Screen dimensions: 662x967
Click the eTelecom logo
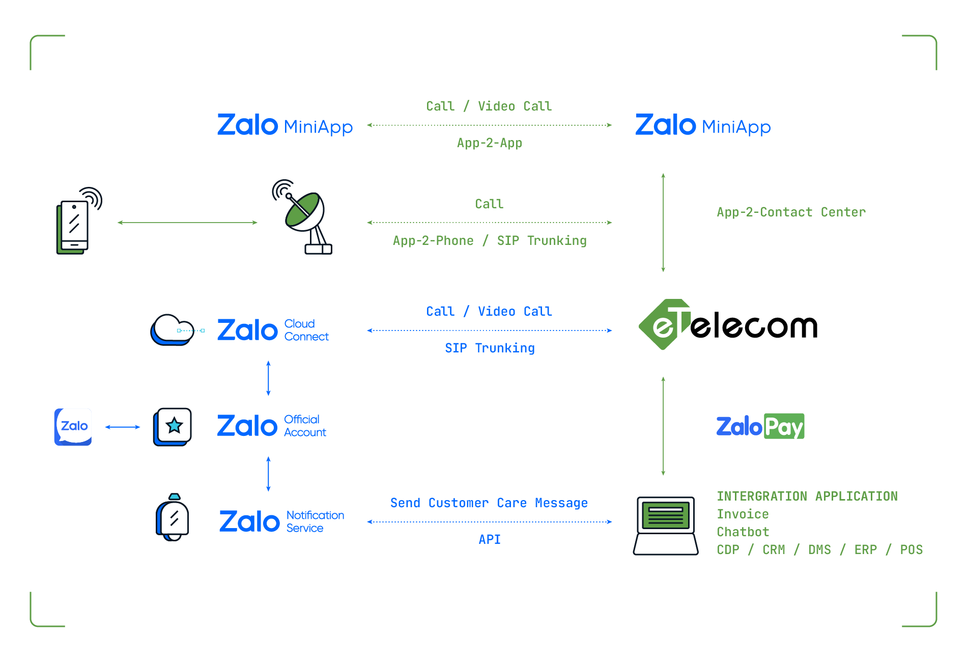point(728,325)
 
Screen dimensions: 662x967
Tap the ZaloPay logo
point(760,426)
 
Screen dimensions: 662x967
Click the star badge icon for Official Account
point(173,426)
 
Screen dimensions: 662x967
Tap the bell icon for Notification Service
point(173,518)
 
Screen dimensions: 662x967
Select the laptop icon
point(665,526)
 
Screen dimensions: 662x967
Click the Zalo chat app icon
point(73,427)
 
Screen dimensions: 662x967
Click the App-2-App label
point(489,143)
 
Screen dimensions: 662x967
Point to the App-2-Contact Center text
point(791,212)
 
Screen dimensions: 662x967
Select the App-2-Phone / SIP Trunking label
point(489,241)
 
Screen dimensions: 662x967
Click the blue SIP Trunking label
point(489,348)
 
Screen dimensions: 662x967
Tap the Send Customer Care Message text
point(489,503)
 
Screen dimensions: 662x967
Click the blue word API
point(489,540)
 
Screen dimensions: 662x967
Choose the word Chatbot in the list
point(743,532)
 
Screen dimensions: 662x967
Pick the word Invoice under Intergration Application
point(743,514)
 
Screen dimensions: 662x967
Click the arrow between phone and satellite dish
point(187,223)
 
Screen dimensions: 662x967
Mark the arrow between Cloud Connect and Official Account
point(268,378)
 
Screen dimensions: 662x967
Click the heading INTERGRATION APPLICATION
point(807,497)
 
